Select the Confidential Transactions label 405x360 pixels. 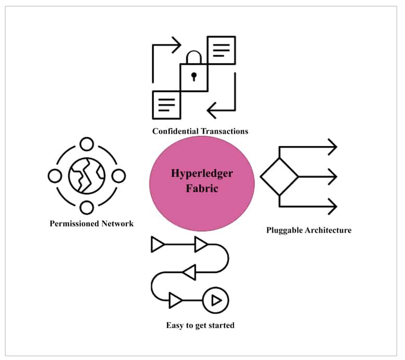point(200,131)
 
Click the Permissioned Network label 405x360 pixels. point(91,223)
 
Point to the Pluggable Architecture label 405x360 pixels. point(308,230)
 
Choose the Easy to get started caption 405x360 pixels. point(200,326)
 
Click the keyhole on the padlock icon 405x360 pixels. point(194,77)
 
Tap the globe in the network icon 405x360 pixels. point(87,176)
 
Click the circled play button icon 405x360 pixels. point(216,301)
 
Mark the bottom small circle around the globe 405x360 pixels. point(87,208)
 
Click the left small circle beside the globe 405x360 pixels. point(54,176)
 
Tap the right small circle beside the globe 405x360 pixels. point(119,176)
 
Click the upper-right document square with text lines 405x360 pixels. point(221,50)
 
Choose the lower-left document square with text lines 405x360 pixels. point(165,104)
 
